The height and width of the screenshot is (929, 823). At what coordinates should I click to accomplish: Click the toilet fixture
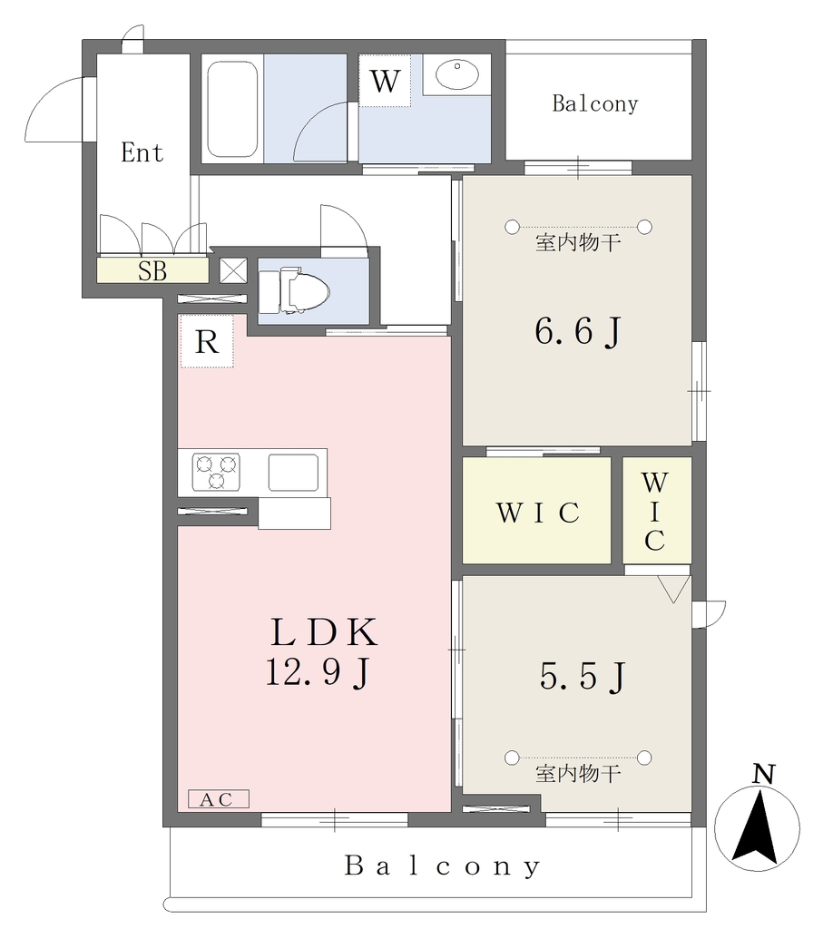tap(294, 291)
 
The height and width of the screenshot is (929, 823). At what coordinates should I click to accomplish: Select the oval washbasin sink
tap(457, 74)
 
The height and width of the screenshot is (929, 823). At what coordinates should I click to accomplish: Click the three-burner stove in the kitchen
tap(216, 472)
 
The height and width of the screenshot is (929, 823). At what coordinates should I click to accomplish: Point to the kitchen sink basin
tap(293, 472)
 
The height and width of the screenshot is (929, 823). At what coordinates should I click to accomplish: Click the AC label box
tap(219, 799)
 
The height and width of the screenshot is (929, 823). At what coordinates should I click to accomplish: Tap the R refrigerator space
tap(207, 341)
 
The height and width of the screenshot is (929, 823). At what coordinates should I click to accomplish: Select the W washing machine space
tap(385, 81)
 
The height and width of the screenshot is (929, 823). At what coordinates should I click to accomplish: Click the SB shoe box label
tap(152, 270)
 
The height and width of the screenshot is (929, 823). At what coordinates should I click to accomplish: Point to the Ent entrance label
tap(142, 152)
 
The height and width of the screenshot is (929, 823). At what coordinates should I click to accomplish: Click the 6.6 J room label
tap(578, 331)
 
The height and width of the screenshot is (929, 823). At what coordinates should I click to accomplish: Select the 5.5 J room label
tap(582, 676)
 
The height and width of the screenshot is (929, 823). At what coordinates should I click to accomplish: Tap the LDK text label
tap(324, 632)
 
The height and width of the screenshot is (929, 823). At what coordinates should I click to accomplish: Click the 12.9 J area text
tap(318, 673)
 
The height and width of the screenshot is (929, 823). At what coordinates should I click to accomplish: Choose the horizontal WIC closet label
tap(537, 513)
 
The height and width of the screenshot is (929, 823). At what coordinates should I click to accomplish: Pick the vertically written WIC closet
tap(654, 512)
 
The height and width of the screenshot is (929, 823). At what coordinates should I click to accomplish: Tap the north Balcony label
tap(595, 103)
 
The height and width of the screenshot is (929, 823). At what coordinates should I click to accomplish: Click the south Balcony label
tap(443, 866)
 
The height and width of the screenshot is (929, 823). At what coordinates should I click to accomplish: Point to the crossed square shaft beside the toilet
tap(233, 270)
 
